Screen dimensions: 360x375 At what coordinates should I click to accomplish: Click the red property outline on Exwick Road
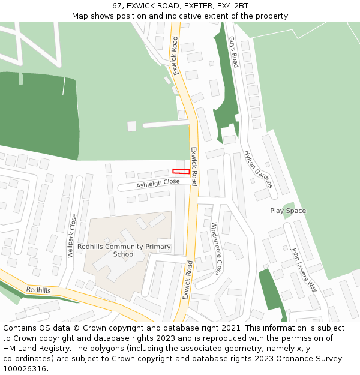[x=181, y=172]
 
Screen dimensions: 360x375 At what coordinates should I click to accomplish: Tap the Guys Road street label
[x=233, y=52]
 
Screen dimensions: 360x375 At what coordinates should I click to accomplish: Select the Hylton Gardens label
[x=258, y=169]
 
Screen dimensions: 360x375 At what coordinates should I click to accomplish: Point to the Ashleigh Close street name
[x=158, y=183]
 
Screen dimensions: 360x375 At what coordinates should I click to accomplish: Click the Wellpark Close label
[x=73, y=236]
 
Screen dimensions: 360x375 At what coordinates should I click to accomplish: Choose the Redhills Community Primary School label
[x=124, y=250]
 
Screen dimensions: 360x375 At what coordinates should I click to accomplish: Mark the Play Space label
[x=288, y=211]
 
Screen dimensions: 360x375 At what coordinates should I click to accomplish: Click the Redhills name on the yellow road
[x=38, y=290]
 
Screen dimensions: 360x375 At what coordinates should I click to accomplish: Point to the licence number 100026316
[x=25, y=369]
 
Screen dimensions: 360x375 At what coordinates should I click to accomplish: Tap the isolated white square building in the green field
[x=131, y=126]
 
